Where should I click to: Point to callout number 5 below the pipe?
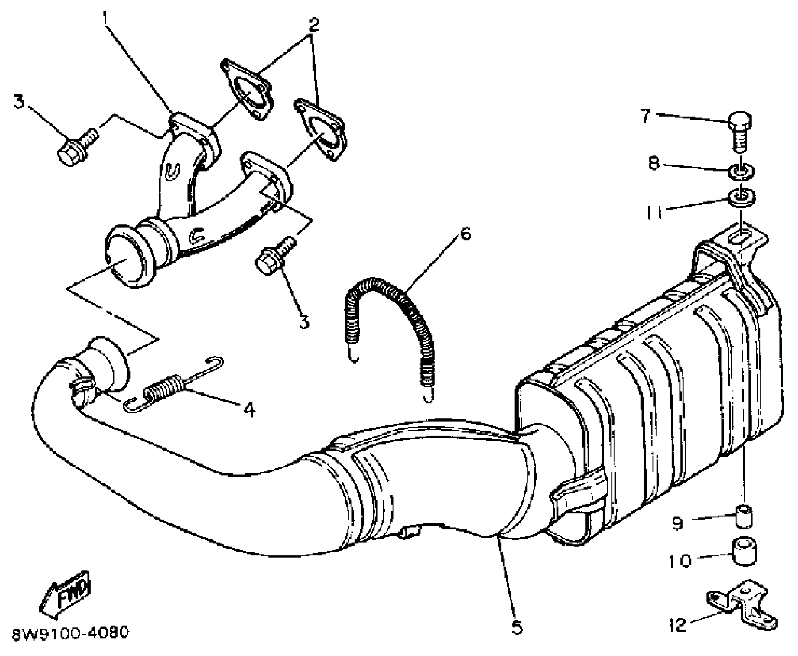(x=516, y=627)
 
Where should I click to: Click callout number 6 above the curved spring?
(x=466, y=233)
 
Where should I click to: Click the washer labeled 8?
(x=741, y=171)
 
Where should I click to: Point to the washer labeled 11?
(x=741, y=198)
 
